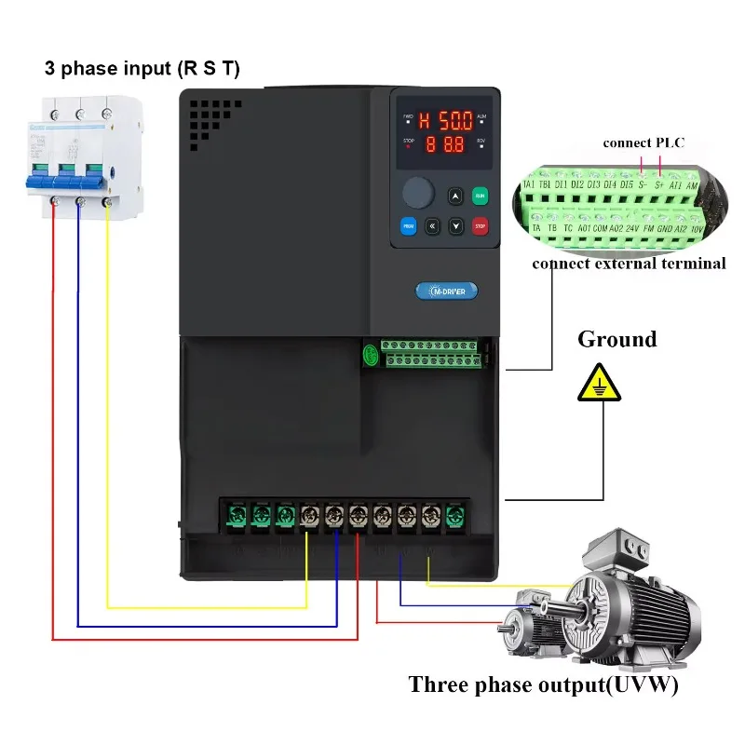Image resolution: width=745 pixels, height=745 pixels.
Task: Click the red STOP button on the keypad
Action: click(481, 225)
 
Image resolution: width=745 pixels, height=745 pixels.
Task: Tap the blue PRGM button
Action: click(408, 225)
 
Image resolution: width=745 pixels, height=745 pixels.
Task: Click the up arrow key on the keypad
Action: click(455, 196)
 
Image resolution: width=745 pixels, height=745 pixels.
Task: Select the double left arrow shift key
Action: click(432, 225)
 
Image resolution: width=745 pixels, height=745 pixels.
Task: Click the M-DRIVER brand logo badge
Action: click(446, 291)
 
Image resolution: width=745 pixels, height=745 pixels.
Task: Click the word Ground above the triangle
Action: click(616, 339)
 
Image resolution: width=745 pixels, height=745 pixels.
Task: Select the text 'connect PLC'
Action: click(643, 142)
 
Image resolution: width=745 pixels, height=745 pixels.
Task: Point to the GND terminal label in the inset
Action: click(664, 227)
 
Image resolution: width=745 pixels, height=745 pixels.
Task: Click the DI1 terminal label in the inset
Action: click(560, 184)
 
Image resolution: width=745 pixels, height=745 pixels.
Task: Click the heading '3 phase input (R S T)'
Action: click(142, 69)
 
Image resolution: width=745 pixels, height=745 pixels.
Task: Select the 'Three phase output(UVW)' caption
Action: click(543, 685)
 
